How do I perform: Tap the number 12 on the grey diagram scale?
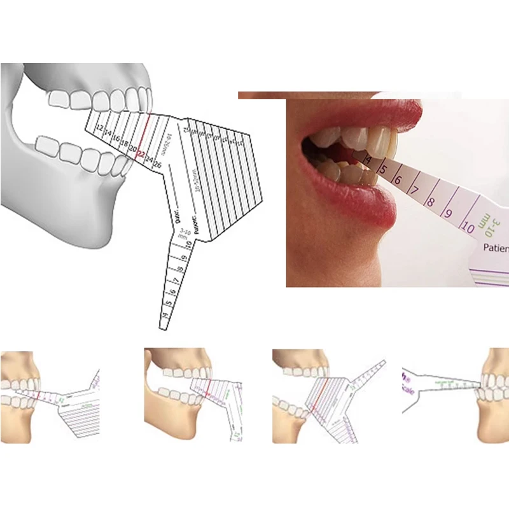point(99,129)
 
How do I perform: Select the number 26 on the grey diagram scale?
point(157,165)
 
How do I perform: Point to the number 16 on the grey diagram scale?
point(115,138)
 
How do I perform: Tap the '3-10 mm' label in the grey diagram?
point(185,233)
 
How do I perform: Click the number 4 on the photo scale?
point(368,160)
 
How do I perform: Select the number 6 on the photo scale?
point(398,180)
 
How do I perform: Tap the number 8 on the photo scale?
point(430,203)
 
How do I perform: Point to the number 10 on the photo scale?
point(468,226)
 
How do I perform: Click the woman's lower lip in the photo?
point(356,204)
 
